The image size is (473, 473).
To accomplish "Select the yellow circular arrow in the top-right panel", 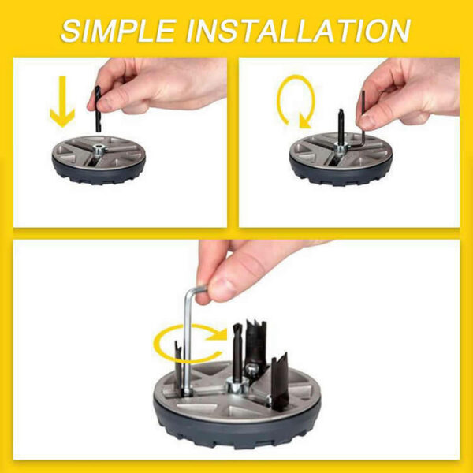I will (296, 101).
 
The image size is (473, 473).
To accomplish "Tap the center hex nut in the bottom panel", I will (236, 389).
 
